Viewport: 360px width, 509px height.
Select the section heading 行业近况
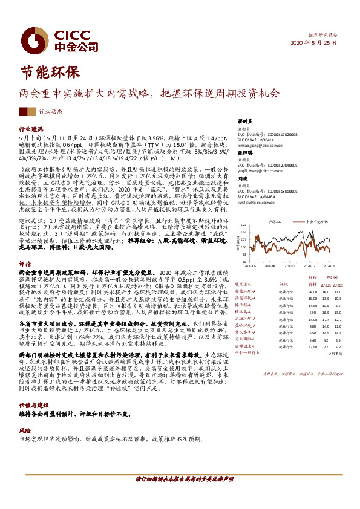tap(31, 129)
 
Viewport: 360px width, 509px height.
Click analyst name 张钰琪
tap(244, 154)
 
